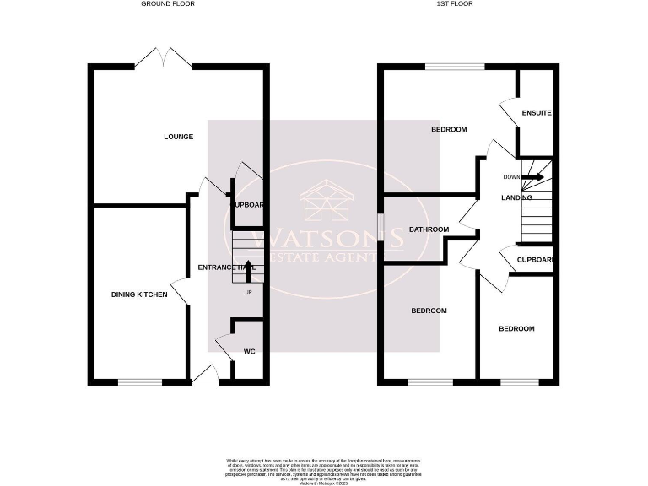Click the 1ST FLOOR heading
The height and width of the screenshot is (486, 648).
[454, 4]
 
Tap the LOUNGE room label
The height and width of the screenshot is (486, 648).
[179, 137]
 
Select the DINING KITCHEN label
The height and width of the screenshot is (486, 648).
[139, 294]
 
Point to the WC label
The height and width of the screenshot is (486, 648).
[249, 351]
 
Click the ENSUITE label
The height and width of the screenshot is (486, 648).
[537, 113]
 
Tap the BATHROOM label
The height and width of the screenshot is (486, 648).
[429, 229]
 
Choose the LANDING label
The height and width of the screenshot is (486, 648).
[516, 197]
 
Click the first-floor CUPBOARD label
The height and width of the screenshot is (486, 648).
[535, 260]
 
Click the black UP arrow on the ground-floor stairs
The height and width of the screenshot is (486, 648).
[248, 270]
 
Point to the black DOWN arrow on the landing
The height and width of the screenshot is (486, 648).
[532, 177]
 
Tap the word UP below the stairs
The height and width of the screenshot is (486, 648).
[248, 293]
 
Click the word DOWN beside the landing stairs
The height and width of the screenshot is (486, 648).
[511, 177]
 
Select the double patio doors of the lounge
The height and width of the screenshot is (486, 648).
[164, 57]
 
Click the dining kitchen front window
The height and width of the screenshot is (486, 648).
[139, 382]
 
